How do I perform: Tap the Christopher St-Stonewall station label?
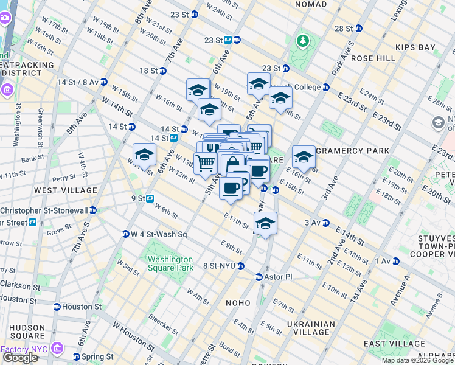coord(46,210)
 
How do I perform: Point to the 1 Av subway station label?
coord(383,261)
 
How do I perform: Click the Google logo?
coord(19,358)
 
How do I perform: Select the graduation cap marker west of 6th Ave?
coord(144,155)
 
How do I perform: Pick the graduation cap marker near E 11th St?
coord(265,223)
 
